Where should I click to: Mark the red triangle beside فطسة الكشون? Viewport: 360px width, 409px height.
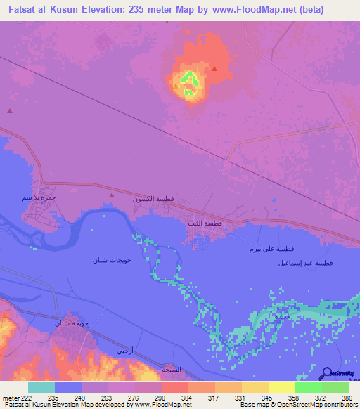coord(111,195)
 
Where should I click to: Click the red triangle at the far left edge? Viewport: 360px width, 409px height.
coord(10,110)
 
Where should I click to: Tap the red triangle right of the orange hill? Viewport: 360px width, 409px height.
coord(214,69)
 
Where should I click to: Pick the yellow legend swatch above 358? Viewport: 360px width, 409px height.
coord(281,387)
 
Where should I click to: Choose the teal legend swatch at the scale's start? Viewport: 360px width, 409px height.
coord(41,387)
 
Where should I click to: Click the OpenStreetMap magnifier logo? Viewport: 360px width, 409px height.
coord(328,372)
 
